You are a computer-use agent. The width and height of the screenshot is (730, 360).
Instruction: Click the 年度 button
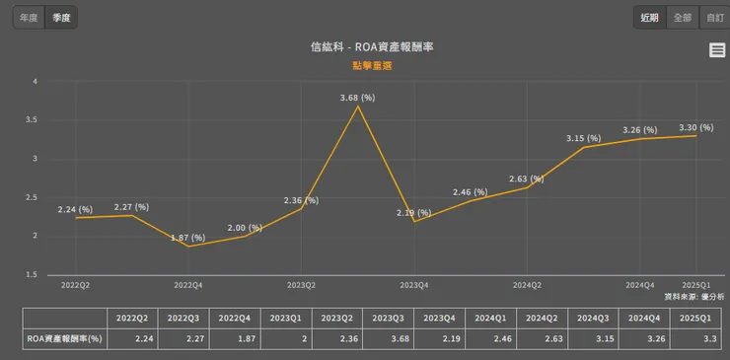30,17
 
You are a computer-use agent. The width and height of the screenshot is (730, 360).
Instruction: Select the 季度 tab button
61,17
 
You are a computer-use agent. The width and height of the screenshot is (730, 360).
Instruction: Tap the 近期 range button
649,17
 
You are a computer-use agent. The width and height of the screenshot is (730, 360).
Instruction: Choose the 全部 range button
682,17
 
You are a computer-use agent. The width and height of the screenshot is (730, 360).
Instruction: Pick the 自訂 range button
712,17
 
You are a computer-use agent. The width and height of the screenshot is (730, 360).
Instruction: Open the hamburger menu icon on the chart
717,51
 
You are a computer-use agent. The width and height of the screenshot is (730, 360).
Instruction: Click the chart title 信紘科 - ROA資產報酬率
364,46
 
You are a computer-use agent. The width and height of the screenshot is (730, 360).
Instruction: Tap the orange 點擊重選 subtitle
364,65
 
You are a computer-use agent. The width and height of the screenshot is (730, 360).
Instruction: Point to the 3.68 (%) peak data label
357,97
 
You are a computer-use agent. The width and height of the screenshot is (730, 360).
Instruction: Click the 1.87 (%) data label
186,238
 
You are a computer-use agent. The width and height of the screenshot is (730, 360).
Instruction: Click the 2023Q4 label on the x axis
413,284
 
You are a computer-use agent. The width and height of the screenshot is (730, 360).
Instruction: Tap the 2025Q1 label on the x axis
696,284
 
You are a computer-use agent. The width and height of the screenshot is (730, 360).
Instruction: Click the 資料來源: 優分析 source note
694,296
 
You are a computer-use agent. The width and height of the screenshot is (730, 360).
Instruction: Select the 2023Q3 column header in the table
389,318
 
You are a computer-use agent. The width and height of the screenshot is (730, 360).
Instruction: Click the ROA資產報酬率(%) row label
65,337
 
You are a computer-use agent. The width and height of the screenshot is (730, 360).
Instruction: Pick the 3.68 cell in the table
389,337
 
